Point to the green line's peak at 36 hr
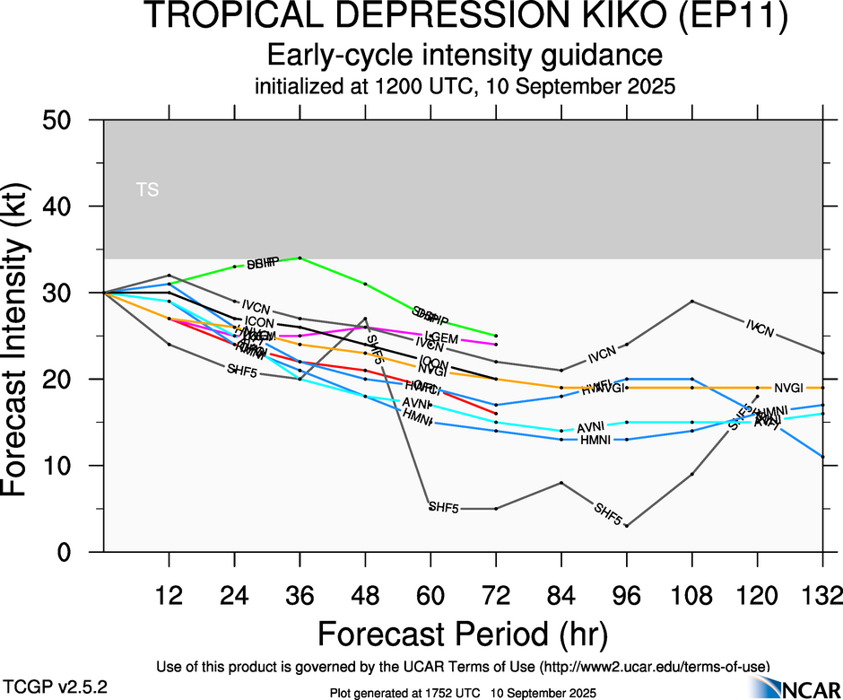click(300, 258)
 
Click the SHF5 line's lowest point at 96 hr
click(626, 526)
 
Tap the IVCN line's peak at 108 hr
click(691, 301)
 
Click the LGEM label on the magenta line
click(442, 338)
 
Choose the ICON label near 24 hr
click(259, 322)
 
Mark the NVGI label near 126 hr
click(790, 388)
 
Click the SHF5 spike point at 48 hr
click(365, 318)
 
